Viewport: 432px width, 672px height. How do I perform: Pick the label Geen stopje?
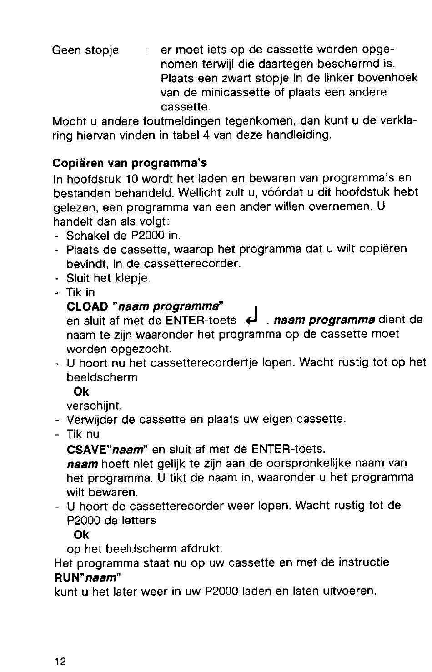(86, 50)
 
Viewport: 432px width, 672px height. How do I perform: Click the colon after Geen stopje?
(146, 50)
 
